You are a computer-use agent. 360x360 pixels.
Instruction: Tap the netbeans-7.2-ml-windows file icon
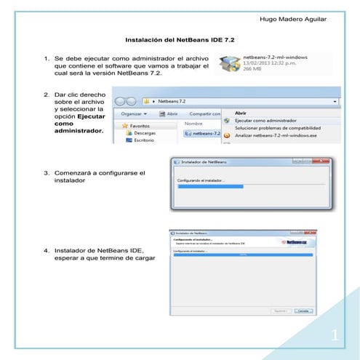pos(231,64)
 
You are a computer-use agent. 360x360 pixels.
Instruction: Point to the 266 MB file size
pos(253,71)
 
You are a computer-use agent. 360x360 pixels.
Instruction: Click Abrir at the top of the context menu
pos(241,113)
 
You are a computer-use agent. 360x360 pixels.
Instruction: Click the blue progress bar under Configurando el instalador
pos(211,186)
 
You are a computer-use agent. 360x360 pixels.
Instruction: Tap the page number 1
pos(334,335)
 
